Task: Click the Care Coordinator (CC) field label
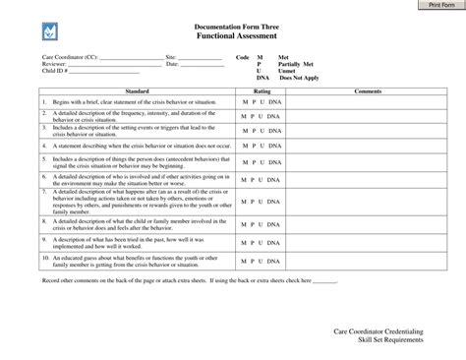click(70, 58)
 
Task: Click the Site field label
click(171, 58)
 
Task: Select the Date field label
click(172, 64)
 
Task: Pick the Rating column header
click(262, 90)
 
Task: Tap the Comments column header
click(368, 90)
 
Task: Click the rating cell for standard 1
click(262, 101)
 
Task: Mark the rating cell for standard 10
click(262, 263)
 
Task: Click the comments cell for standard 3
click(368, 131)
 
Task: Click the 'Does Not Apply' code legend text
click(299, 77)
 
